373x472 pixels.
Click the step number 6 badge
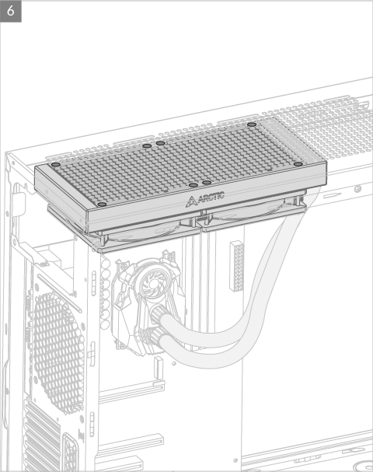[11, 11]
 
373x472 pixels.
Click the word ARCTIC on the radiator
[211, 197]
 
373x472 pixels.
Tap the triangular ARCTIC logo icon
[191, 201]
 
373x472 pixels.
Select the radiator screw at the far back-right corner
[252, 124]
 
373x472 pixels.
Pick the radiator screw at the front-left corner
[103, 205]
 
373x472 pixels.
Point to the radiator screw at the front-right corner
[298, 164]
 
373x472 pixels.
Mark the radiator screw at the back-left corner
[56, 165]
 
